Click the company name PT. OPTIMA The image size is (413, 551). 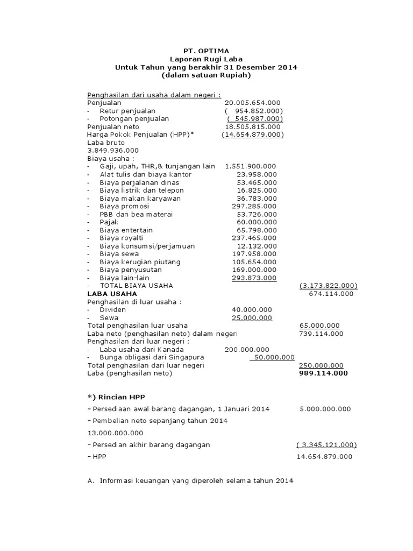click(206, 51)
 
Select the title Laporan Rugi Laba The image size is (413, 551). click(206, 59)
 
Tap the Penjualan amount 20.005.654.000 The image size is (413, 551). click(252, 103)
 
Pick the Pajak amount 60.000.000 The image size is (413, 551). click(257, 222)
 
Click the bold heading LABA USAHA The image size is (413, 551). click(112, 294)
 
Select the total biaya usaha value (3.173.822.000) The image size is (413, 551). click(328, 286)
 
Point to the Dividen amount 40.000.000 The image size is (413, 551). click(252, 309)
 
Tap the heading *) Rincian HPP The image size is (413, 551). click(115, 397)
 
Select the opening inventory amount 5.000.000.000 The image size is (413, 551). click(325, 409)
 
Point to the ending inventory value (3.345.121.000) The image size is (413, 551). click(326, 444)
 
